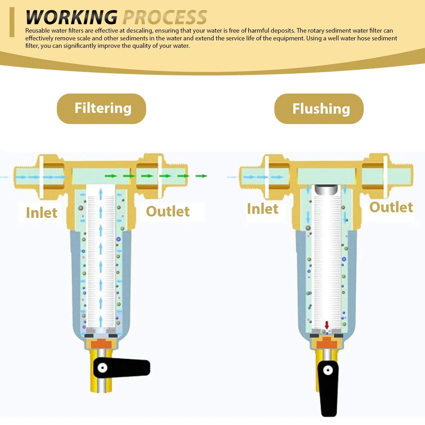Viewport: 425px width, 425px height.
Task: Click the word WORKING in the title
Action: tap(72, 17)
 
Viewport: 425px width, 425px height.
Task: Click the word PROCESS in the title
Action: tap(165, 17)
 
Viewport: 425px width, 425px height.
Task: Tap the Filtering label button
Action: tap(101, 108)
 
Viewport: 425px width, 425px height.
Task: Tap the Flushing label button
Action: tap(319, 108)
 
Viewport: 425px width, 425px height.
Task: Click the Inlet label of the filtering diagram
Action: tap(42, 212)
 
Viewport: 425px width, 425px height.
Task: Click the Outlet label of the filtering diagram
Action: tap(168, 211)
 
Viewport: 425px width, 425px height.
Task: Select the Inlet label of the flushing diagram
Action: tap(263, 209)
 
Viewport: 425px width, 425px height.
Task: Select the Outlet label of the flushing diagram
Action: tap(391, 207)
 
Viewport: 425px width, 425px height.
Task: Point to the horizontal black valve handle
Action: tap(121, 368)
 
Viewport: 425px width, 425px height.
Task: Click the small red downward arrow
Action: tap(327, 325)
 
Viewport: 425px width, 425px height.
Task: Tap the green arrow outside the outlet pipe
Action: tap(202, 176)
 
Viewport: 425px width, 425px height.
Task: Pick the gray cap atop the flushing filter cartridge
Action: tap(326, 190)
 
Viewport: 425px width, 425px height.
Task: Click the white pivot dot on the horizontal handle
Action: tap(103, 368)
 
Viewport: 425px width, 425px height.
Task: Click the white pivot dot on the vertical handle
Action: tap(328, 370)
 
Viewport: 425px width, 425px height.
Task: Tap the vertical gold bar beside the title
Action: tap(12, 22)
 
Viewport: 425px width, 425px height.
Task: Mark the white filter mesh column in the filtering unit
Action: tap(101, 256)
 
